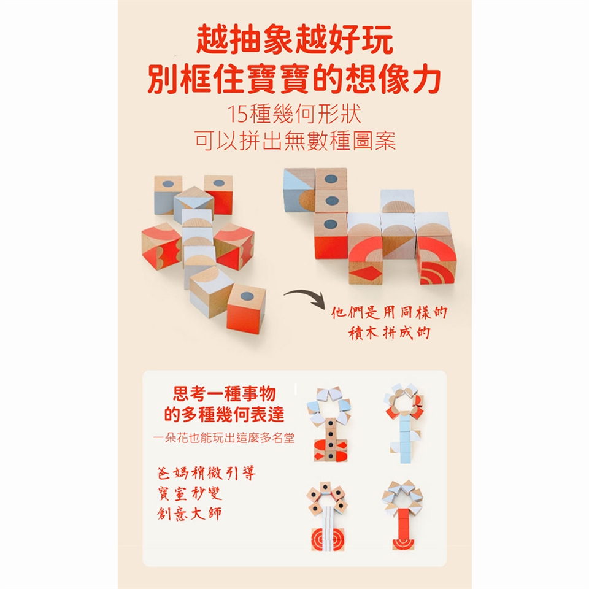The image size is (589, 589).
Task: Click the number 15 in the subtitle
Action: [x=237, y=114]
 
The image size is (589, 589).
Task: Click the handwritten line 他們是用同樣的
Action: [x=389, y=312]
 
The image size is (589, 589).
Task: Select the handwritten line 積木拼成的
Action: [x=389, y=333]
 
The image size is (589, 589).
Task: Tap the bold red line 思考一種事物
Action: [x=225, y=394]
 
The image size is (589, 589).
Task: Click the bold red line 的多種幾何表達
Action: [x=225, y=414]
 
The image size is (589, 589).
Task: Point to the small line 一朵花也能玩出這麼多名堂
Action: [x=224, y=437]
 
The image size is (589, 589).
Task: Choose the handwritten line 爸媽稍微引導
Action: [x=207, y=473]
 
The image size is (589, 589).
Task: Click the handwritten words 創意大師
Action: [x=190, y=514]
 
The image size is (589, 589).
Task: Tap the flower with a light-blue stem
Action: [x=404, y=423]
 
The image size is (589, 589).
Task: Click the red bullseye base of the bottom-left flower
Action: [x=328, y=539]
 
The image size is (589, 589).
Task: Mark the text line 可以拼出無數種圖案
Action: [x=295, y=141]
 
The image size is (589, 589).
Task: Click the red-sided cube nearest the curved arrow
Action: [x=246, y=308]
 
